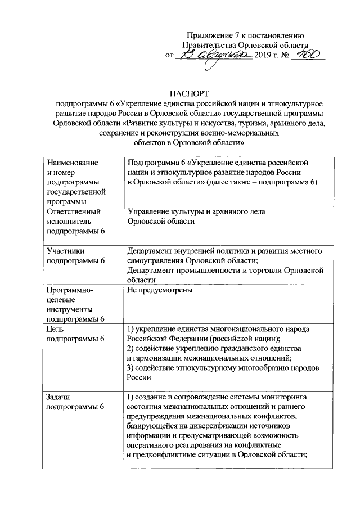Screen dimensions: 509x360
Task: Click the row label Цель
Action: [x=57, y=328]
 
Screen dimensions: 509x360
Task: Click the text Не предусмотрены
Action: [x=160, y=291]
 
